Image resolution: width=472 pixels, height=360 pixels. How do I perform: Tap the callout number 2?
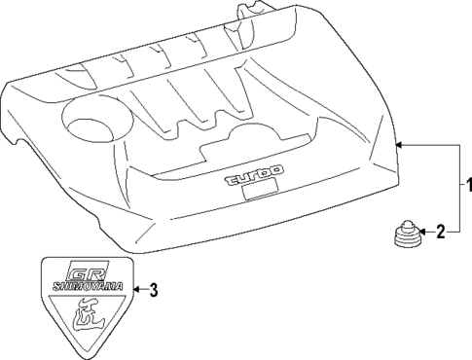[441, 232]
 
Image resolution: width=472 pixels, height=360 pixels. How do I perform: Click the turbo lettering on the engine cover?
[255, 178]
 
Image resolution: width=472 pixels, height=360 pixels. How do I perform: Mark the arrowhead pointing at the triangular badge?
[136, 290]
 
